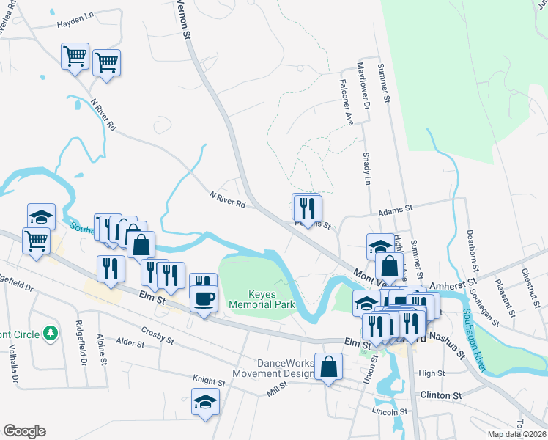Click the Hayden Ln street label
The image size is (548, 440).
pyautogui.click(x=76, y=24)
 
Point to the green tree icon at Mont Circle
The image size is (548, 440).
pyautogui.click(x=50, y=334)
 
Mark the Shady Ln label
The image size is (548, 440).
pyautogui.click(x=368, y=169)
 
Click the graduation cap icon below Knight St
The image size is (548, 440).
pyautogui.click(x=205, y=401)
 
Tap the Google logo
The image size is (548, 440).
pyautogui.click(x=24, y=431)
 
